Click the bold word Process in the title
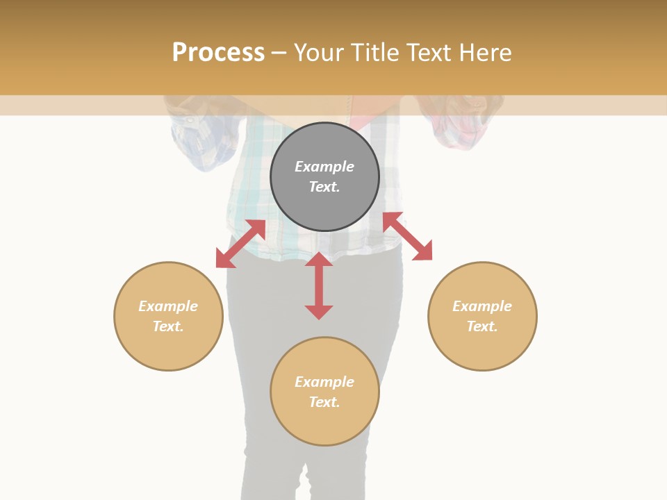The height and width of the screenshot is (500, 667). [x=218, y=53]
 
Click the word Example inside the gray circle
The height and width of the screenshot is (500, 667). [x=324, y=167]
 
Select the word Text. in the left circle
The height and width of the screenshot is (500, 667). [x=168, y=326]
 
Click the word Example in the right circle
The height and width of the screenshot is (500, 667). [x=482, y=306]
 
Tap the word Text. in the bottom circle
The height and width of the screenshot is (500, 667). [x=324, y=402]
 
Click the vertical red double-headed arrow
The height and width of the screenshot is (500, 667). [x=319, y=285]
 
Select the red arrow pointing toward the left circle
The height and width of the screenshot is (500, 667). [x=240, y=244]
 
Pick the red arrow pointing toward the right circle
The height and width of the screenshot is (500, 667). [x=408, y=236]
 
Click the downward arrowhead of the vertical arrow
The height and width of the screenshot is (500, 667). [x=319, y=312]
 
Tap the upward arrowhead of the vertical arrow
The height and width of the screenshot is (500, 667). [x=319, y=260]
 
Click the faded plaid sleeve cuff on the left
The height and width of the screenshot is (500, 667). [x=201, y=139]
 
